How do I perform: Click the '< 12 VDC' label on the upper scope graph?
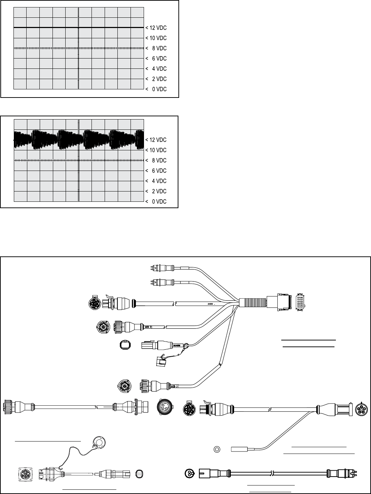point(156,28)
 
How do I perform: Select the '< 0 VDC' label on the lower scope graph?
point(156,202)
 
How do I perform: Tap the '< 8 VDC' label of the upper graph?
point(156,48)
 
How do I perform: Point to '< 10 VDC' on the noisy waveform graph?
point(156,150)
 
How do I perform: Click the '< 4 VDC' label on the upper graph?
point(156,69)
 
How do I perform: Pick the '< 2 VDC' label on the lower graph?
point(156,192)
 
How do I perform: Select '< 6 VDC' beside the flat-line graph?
point(156,59)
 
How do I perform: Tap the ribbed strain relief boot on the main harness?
point(253,302)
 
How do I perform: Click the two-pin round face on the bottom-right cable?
point(190,473)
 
